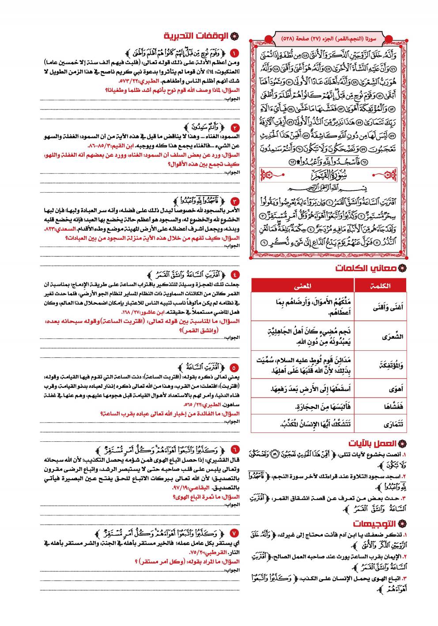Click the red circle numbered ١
click(x=234, y=54)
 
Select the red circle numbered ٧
click(x=234, y=533)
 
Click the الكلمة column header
click(x=381, y=286)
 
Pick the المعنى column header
click(x=302, y=286)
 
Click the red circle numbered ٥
click(x=234, y=367)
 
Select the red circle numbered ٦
click(x=234, y=450)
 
